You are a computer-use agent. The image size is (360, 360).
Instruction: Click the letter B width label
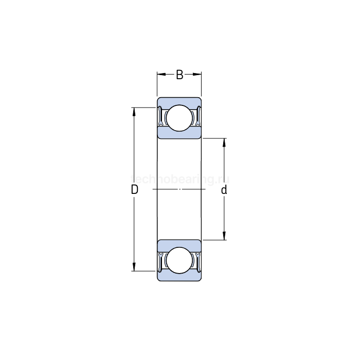coord(179,75)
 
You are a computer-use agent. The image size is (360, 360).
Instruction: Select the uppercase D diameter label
coord(134,190)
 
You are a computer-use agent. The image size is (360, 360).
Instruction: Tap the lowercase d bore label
coord(224,190)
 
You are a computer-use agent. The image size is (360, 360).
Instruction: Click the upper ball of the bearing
coord(179,117)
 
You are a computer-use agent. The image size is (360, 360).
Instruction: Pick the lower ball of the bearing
coord(179,261)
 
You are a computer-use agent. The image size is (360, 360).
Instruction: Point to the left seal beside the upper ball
coord(160,117)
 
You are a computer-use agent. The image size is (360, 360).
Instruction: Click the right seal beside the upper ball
coord(197,117)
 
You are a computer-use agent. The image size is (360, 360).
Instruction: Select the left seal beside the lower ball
coord(160,261)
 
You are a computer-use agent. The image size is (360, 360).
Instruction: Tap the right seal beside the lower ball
coord(197,261)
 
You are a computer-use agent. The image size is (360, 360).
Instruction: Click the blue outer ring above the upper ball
coord(179,101)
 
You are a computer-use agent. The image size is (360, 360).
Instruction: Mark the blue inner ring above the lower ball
coord(179,245)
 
